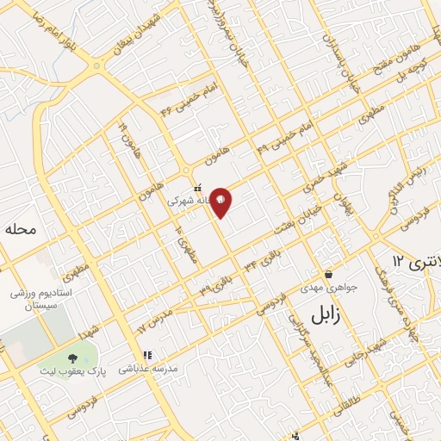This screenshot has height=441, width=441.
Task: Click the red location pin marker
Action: [x=221, y=202]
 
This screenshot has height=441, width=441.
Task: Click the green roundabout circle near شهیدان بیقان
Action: [x=97, y=65]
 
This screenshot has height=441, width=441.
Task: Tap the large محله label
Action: [x=23, y=230]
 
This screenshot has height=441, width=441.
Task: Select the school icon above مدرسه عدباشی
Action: [x=146, y=354]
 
